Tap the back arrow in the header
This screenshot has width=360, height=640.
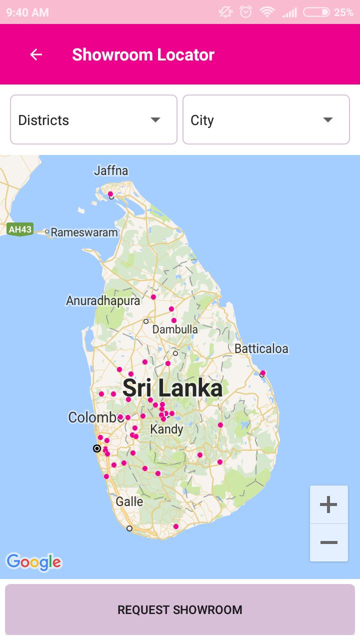click(36, 54)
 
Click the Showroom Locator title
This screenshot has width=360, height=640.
click(143, 54)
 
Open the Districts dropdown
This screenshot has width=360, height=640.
click(93, 120)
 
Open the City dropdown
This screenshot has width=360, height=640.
click(266, 120)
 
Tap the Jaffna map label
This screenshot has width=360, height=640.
click(111, 171)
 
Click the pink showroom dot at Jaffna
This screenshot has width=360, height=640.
click(110, 194)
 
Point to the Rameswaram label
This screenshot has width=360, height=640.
click(84, 232)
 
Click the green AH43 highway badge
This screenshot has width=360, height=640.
click(20, 229)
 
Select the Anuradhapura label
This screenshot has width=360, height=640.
click(103, 301)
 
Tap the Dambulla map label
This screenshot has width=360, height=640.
click(175, 329)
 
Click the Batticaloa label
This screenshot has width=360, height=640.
click(261, 348)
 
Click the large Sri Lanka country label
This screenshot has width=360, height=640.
click(172, 388)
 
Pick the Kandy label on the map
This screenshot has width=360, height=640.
click(166, 429)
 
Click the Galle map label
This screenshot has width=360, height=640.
click(129, 501)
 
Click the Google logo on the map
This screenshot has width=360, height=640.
click(33, 562)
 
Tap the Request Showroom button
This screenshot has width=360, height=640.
click(180, 610)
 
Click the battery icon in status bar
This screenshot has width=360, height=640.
click(316, 12)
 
